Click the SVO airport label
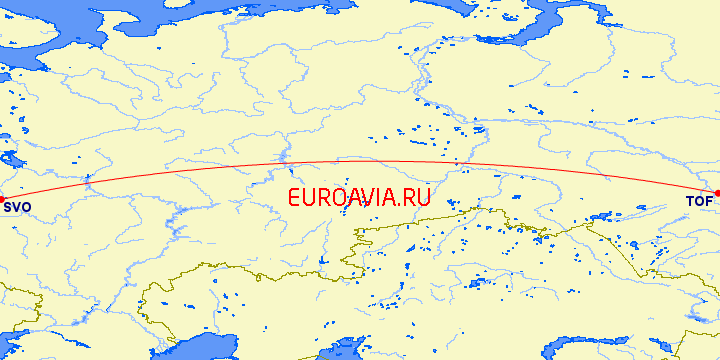click(x=17, y=208)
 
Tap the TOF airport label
click(x=699, y=202)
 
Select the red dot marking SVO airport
click(x=1, y=197)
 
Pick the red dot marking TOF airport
click(x=717, y=193)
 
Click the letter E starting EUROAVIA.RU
click(x=293, y=198)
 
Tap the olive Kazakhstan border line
click(x=300, y=272)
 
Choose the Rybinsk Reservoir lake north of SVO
click(x=10, y=160)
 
